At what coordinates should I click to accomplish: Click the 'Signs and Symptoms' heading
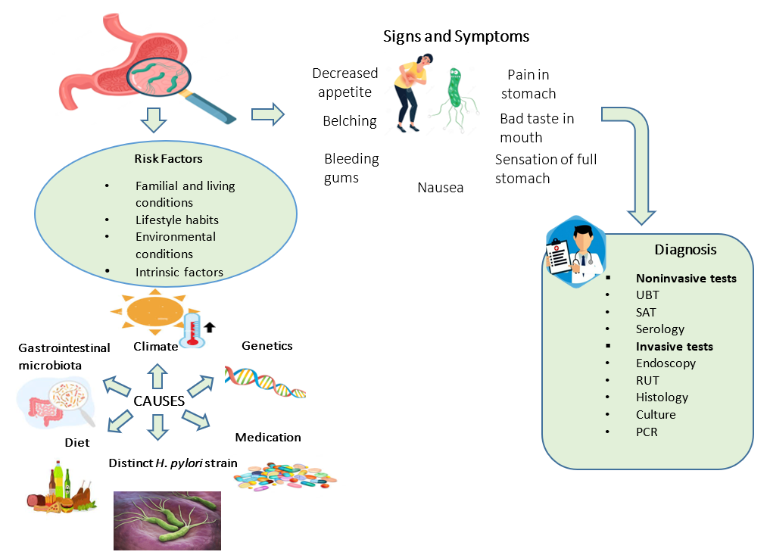(456, 36)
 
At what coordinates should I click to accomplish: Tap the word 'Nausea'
(440, 187)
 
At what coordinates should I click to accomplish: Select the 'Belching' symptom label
(349, 121)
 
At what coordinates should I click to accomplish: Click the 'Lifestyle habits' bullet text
(176, 220)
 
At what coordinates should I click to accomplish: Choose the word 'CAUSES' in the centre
(159, 401)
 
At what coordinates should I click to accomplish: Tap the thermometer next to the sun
(192, 330)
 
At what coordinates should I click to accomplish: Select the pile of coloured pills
(285, 474)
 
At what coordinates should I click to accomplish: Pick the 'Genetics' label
(267, 346)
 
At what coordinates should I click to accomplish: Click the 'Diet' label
(76, 442)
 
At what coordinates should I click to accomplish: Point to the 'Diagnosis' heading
(685, 249)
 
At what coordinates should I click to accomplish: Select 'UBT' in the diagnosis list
(647, 295)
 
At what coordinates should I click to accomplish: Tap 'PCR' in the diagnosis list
(647, 432)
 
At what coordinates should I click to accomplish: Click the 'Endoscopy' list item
(666, 363)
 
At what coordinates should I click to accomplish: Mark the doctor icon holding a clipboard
(575, 254)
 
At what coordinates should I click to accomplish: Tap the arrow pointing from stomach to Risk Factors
(154, 119)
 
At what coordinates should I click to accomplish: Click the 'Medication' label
(267, 438)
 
